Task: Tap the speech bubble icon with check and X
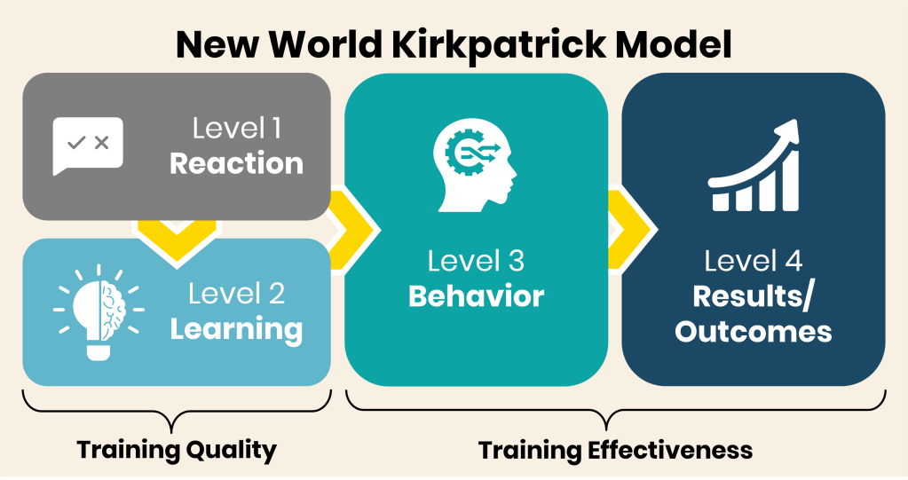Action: [x=88, y=146]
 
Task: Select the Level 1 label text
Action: [x=237, y=128]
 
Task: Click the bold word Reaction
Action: [x=236, y=164]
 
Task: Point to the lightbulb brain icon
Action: [x=99, y=312]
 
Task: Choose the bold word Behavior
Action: [x=476, y=296]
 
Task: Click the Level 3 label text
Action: [x=476, y=261]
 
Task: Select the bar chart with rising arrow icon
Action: [x=754, y=165]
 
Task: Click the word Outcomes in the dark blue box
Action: [x=754, y=332]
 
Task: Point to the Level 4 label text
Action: [x=754, y=261]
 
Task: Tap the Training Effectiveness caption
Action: [x=616, y=450]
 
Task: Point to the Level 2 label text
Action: [x=237, y=294]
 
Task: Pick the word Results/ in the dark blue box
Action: [x=753, y=297]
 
